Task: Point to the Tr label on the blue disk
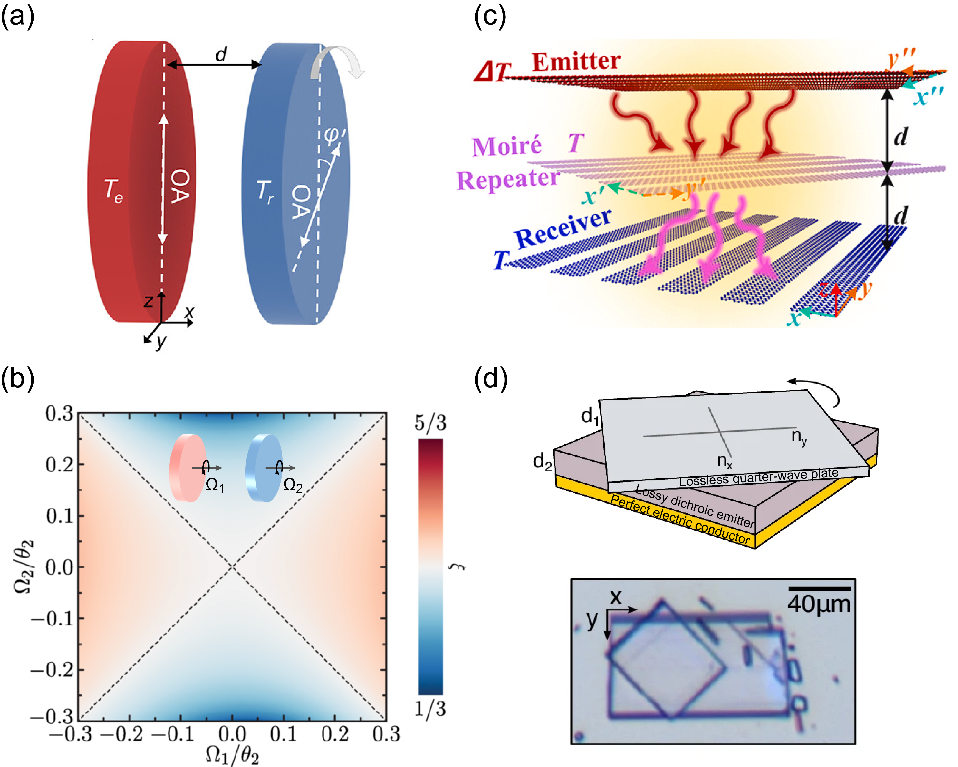point(265,192)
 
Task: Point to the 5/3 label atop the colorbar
point(430,422)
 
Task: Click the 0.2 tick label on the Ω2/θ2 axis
point(59,465)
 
